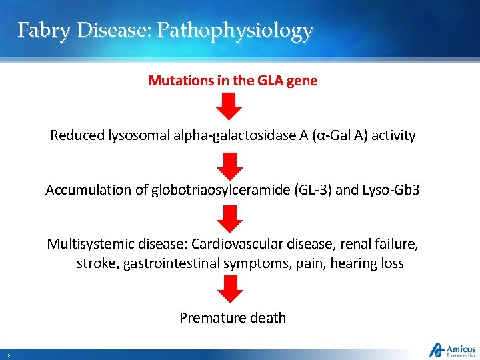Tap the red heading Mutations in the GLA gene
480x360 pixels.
[x=233, y=81]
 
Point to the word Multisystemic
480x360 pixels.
[x=87, y=243]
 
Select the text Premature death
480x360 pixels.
[x=233, y=317]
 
